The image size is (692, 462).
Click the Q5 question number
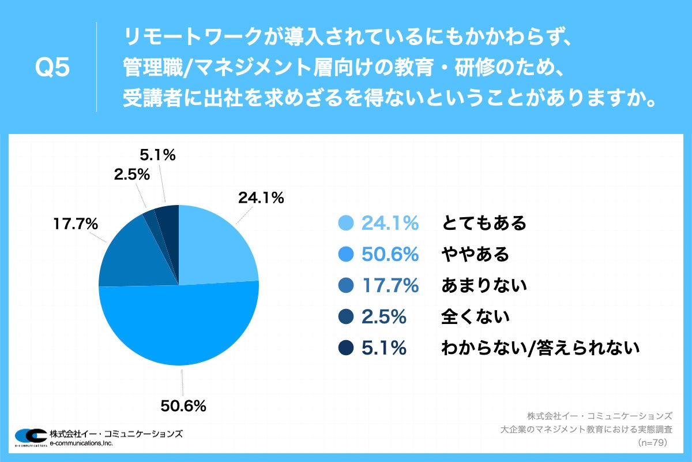pos(52,68)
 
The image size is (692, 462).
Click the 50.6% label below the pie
pos(183,406)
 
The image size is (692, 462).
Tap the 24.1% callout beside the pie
pos(261,198)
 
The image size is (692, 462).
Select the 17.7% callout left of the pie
pos(75,223)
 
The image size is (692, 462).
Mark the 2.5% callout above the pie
pos(132,174)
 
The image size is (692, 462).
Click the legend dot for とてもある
pos(346,223)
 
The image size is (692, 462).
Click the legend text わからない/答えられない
pos(540,348)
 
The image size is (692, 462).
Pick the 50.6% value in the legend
pos(389,254)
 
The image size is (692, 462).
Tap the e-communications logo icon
pos(30,437)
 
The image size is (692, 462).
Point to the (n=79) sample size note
pos(652,442)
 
